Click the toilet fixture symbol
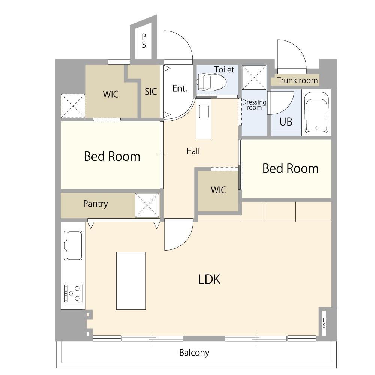(211, 82)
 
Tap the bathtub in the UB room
(316, 112)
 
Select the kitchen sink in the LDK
(73, 245)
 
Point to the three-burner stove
(73, 293)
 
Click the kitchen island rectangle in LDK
(131, 281)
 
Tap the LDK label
(209, 279)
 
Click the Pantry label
(95, 204)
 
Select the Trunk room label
(297, 80)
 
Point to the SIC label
(151, 91)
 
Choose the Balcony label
(194, 352)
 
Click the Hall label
(193, 151)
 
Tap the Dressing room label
(254, 105)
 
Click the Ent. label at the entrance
(180, 88)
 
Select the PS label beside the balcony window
(324, 323)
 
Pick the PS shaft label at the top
(144, 40)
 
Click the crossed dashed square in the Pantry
(147, 205)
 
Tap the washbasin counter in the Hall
(204, 119)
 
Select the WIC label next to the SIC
(111, 94)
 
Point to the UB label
(286, 122)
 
